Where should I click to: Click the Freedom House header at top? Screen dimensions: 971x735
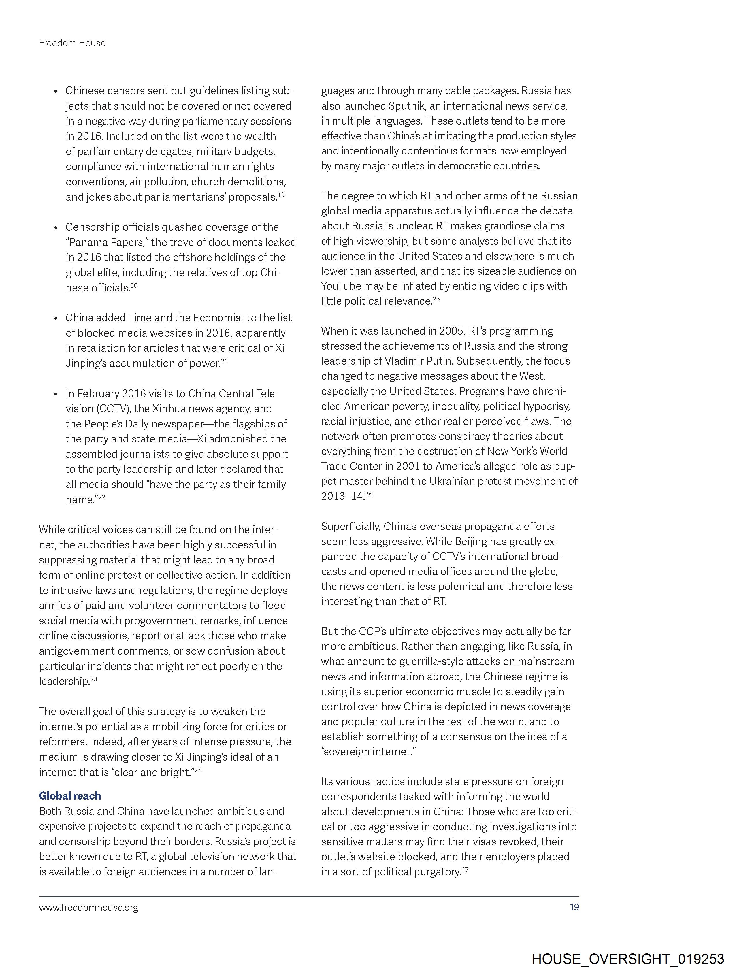point(72,43)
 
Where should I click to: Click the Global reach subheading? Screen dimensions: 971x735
point(70,796)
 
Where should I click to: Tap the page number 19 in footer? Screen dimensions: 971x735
point(574,907)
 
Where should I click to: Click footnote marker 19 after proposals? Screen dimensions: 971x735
point(281,195)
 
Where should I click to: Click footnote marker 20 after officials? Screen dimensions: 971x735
point(134,285)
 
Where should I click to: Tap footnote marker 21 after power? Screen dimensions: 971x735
point(224,361)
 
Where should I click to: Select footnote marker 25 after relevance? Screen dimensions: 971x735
point(436,299)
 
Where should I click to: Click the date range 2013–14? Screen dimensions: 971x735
point(342,497)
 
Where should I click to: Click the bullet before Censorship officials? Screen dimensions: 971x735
point(56,227)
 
